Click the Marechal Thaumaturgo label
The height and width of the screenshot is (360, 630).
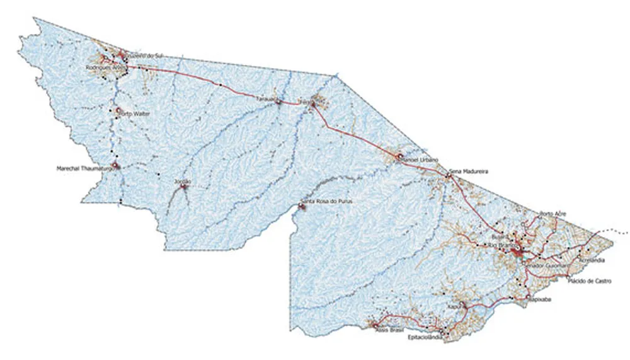(84, 169)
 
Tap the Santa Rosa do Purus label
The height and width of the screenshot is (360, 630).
(326, 201)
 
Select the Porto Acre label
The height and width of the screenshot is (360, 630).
(553, 214)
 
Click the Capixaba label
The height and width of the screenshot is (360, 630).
(539, 299)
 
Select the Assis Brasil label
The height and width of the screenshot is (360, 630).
(389, 330)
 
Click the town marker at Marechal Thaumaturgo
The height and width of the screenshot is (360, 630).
(115, 166)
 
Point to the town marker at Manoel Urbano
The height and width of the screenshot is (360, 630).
(399, 156)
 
